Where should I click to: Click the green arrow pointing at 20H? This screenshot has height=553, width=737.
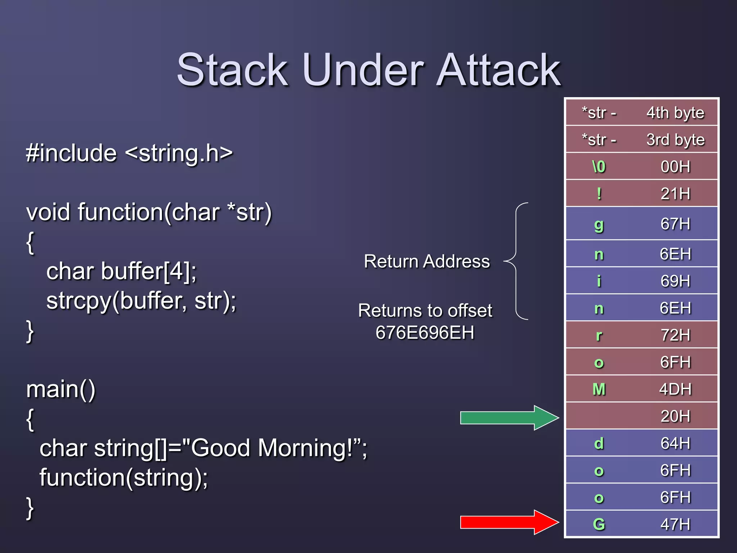coord(509,418)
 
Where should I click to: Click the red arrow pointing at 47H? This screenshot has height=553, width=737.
coord(509,522)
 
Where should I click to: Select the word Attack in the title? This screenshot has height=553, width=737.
coord(498,70)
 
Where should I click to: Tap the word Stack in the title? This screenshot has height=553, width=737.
coord(232,70)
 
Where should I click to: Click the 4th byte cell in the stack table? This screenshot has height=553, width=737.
coord(675,113)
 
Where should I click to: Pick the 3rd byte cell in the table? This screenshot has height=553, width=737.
coord(675,140)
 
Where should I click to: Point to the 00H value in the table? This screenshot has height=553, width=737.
coord(675,167)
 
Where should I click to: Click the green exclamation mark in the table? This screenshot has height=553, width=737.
coord(599,194)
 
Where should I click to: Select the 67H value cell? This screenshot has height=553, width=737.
coord(675,224)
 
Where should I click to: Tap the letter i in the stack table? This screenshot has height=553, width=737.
coord(599,281)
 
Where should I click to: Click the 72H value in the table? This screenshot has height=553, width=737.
coord(675,335)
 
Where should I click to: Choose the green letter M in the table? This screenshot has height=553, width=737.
coord(599,389)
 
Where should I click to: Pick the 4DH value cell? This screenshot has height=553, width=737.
coord(675,389)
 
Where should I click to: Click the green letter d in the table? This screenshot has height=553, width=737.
coord(599,443)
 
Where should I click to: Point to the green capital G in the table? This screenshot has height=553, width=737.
coord(599,524)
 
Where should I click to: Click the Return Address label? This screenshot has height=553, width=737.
coord(427,261)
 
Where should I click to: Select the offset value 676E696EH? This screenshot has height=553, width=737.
coord(425,333)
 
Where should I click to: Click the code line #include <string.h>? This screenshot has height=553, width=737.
coord(130,153)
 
